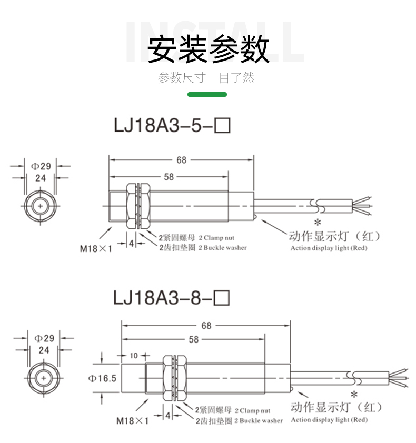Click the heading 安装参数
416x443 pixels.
coord(208,49)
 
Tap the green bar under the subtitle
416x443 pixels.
coord(207,95)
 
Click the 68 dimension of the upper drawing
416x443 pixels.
coord(182,160)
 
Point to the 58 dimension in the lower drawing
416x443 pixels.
coord(194,340)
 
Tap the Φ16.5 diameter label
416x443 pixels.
coord(102,378)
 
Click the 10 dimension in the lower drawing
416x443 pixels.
coord(134,356)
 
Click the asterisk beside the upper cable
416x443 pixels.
coord(318,223)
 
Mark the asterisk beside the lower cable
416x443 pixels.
coord(354,395)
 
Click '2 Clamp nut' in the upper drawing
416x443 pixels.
coord(217,238)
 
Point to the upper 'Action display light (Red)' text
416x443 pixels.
coord(329,248)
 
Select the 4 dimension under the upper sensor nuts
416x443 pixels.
coord(132,243)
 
